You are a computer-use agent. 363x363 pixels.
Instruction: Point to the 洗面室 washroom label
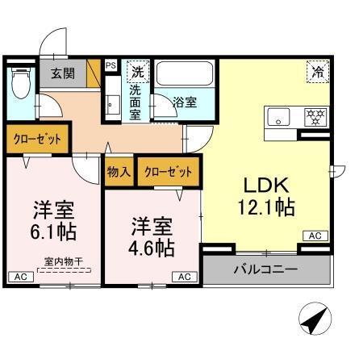[136, 102]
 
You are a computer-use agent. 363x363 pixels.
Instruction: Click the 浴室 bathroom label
[185, 102]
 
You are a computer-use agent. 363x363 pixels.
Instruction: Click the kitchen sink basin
[278, 115]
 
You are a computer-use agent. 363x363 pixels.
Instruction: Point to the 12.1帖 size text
[265, 207]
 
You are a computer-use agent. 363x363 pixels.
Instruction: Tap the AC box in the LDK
[315, 236]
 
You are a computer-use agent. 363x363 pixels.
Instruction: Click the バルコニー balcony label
[265, 269]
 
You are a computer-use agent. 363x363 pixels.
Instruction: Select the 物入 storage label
[119, 171]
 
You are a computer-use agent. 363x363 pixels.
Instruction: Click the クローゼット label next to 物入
[169, 171]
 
